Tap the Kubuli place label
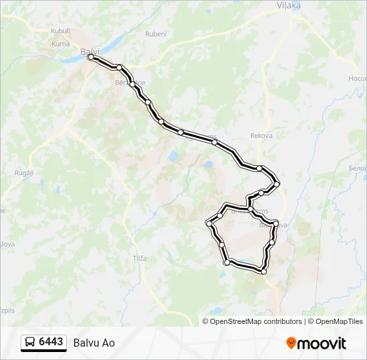tap(60, 31)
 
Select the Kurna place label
tap(61, 43)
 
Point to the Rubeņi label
tap(155, 33)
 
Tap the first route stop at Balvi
tap(91, 57)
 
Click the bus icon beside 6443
tap(31, 343)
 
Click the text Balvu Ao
tap(94, 343)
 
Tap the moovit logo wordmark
tap(322, 343)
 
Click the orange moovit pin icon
tap(291, 343)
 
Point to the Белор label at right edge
tap(357, 168)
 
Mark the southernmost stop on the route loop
tap(264, 271)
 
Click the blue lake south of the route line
tap(173, 157)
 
